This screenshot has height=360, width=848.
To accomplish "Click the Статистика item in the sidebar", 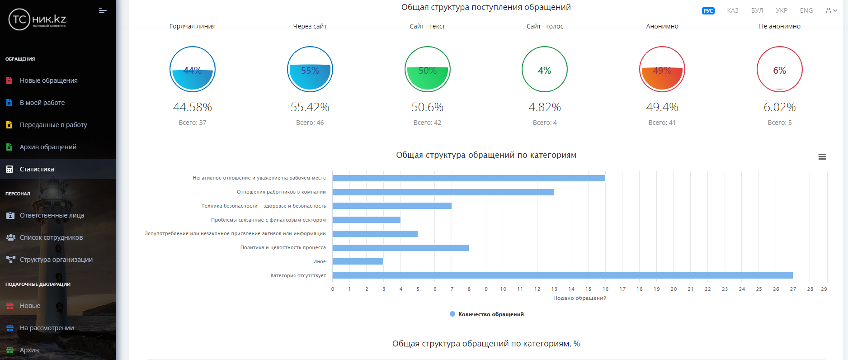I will point(37,169).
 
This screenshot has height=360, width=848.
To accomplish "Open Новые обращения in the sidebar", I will point(48,81).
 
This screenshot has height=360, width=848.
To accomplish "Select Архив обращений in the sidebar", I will point(48,147).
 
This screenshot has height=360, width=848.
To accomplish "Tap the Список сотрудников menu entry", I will point(51,237).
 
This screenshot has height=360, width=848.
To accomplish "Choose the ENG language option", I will point(806,10).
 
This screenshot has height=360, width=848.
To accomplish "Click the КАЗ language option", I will point(733,10).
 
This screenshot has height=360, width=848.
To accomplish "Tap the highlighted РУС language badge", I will point(708,11).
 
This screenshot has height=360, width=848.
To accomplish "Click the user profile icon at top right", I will point(829,10).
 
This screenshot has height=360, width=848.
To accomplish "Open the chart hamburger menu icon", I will point(822,157).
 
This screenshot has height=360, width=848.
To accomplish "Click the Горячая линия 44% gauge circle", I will point(193,70).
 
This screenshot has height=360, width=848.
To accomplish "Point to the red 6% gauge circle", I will point(779,70).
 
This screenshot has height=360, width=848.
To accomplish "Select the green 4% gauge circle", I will point(545,70).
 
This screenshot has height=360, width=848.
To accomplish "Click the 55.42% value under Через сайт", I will point(310,107).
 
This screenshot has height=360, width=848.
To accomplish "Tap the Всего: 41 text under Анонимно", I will point(662,123).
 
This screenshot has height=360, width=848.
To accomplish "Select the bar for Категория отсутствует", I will point(562,275).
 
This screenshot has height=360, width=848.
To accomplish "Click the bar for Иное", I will point(358,261).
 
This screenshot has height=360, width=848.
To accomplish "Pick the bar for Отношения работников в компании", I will point(443,192).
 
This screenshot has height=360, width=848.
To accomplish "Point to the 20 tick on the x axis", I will point(674,289).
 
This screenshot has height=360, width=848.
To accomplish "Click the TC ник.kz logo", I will point(38,20).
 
